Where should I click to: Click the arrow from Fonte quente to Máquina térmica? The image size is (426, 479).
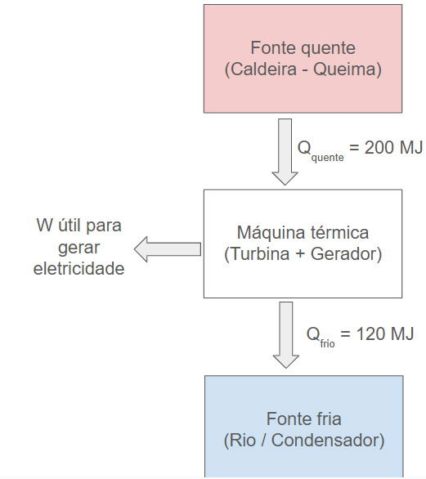(285, 151)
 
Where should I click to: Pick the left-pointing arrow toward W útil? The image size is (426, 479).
(168, 248)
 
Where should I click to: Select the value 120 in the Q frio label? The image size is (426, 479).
(360, 334)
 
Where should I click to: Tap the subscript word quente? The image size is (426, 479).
(327, 157)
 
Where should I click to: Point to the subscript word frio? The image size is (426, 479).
(327, 343)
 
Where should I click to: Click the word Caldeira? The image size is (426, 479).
(261, 69)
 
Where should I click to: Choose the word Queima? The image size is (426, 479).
(351, 69)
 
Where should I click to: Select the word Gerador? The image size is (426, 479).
(347, 253)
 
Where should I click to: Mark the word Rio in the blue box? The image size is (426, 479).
(241, 441)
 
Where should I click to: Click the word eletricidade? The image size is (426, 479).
(78, 268)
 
